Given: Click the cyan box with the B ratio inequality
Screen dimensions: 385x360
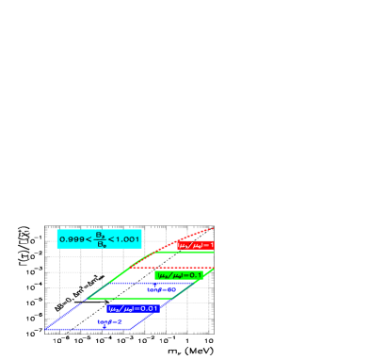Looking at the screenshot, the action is coord(99,239).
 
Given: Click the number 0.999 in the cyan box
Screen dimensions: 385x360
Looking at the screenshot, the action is coord(70,239).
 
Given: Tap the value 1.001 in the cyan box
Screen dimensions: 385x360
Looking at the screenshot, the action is coord(128,239).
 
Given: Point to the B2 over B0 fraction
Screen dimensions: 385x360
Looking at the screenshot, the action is coord(99,239).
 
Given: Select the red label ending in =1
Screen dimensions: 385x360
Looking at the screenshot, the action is coord(196,246).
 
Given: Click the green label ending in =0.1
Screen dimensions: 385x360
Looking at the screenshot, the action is coord(179,275).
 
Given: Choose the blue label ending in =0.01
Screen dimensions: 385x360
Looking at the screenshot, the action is coord(134,308).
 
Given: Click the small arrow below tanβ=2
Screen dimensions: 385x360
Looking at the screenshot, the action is coord(104,327).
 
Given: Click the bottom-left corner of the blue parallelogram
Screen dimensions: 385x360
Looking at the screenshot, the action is coord(47,330).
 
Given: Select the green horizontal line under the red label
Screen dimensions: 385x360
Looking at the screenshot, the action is coord(188,252).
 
